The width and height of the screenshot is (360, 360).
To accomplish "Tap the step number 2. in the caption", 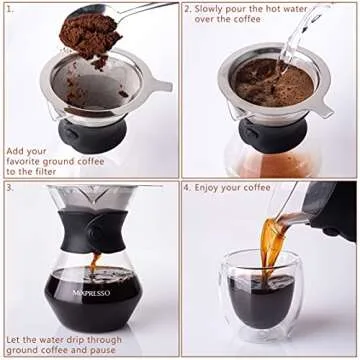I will click(x=188, y=9).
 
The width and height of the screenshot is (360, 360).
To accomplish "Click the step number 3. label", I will click(x=9, y=186).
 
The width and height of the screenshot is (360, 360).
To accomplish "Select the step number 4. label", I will click(x=188, y=186).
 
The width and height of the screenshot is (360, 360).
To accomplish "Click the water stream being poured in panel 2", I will click(x=300, y=35).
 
